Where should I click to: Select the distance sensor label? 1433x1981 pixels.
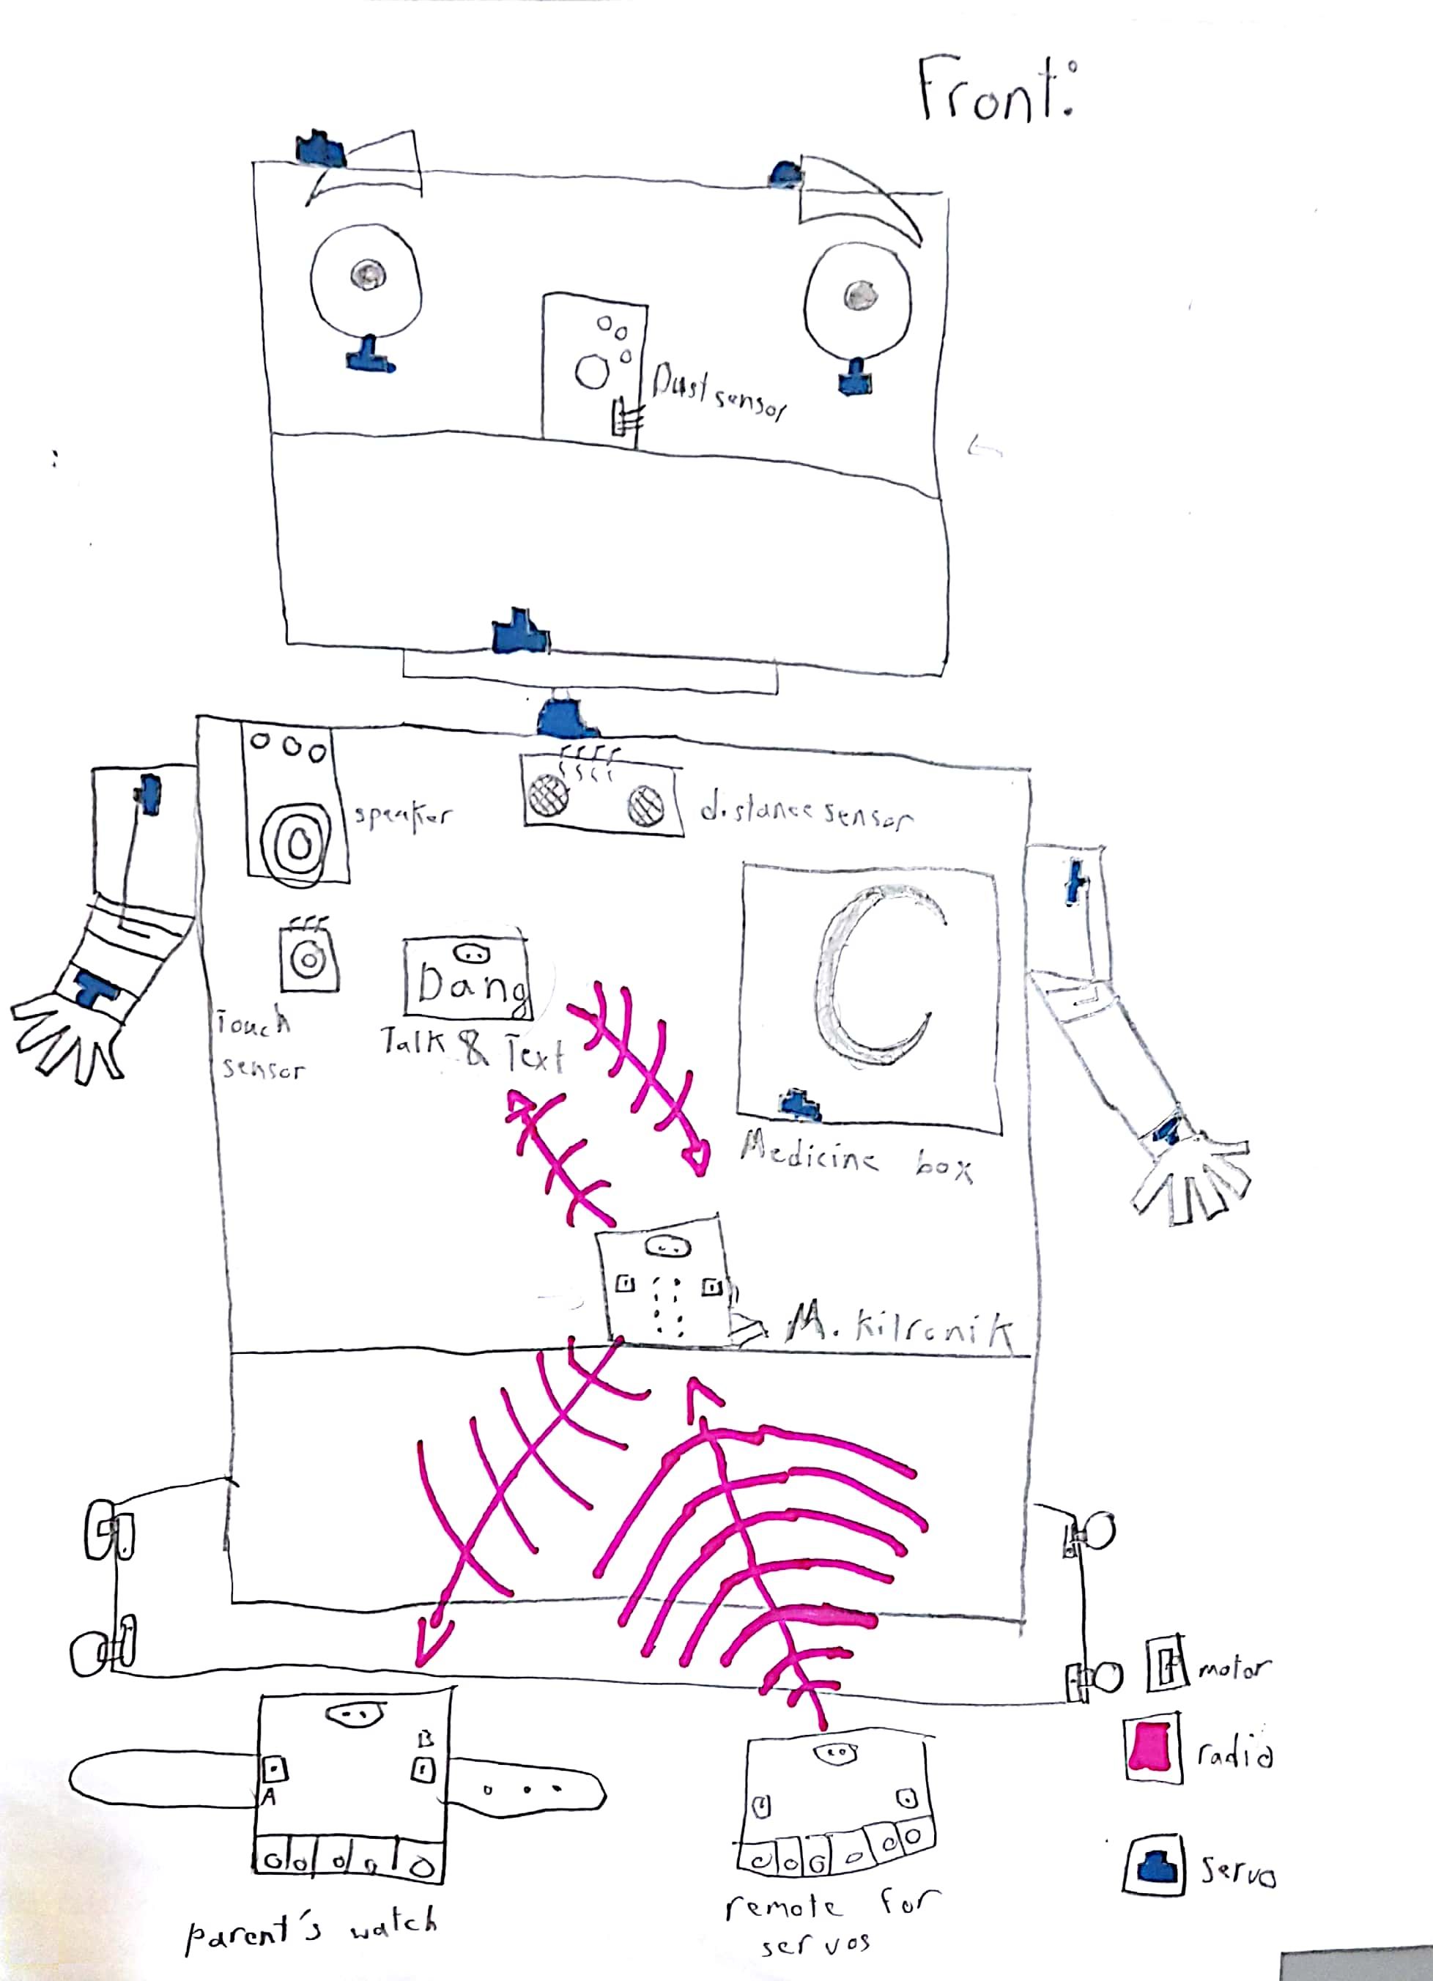pyautogui.click(x=805, y=814)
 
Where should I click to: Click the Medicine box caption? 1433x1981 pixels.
pyautogui.click(x=856, y=1160)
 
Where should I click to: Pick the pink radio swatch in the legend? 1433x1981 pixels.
pyautogui.click(x=1152, y=1746)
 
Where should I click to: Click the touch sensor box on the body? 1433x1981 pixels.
pyautogui.click(x=308, y=959)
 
